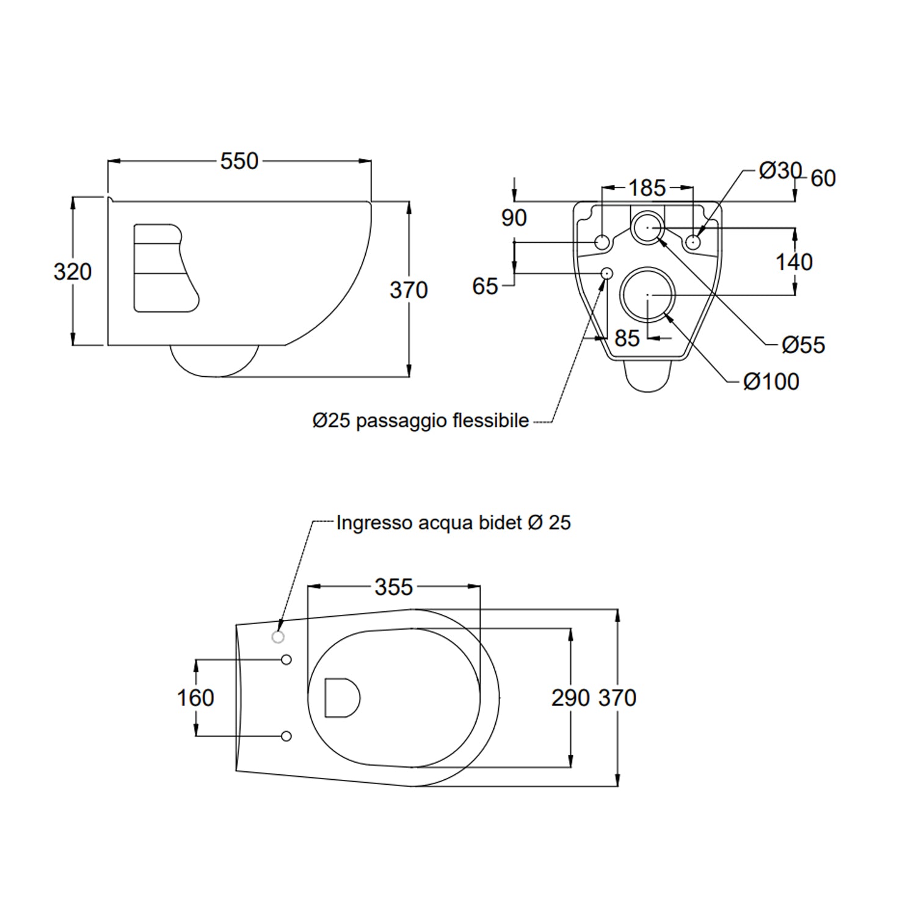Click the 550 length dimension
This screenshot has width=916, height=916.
pos(239,161)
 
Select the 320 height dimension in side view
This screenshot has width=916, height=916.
pos(73,271)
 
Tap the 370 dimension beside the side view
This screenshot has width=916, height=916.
pos(409,290)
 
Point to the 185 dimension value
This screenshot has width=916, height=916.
pos(647,187)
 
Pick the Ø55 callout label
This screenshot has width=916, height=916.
pos(804,345)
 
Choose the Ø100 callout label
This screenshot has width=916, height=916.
pos(771,382)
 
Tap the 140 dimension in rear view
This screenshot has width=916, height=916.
pos(794,262)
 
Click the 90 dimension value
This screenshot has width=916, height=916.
pos(514,218)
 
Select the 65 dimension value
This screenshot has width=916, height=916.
pos(485,286)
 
